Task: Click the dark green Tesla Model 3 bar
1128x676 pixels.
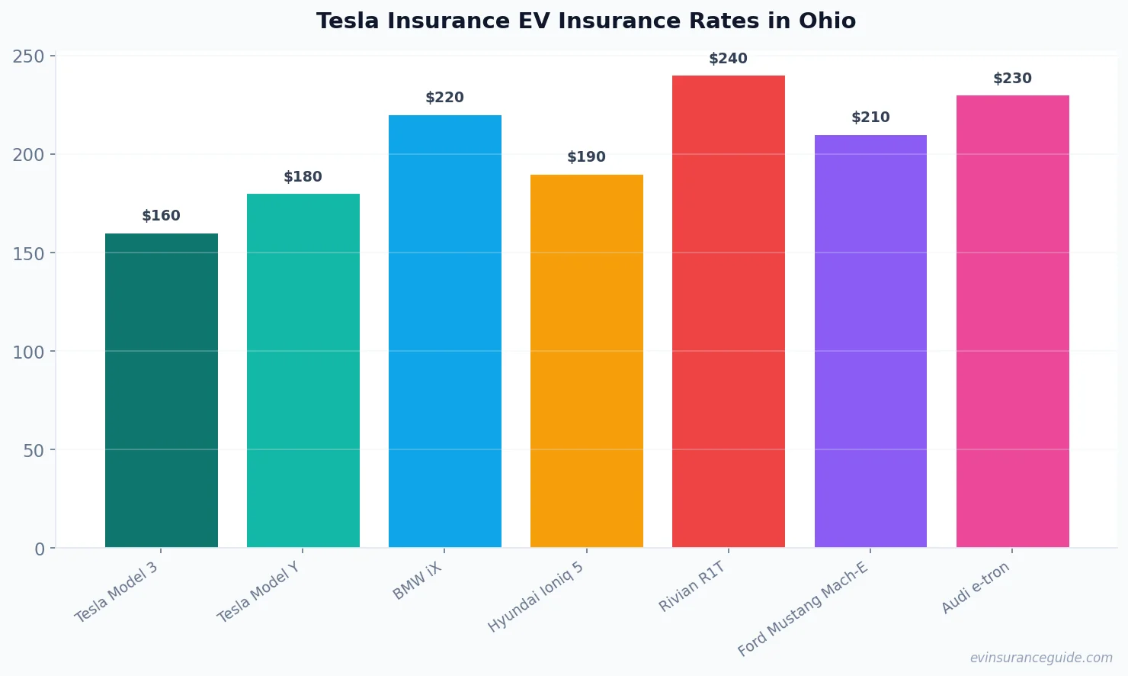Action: (x=161, y=391)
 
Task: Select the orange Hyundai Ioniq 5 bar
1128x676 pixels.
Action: (x=586, y=361)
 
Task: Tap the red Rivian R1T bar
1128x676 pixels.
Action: (x=728, y=311)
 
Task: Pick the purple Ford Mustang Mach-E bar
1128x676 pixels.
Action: (x=870, y=341)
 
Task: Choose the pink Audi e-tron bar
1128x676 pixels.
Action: (x=1012, y=321)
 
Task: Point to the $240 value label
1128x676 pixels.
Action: (x=728, y=59)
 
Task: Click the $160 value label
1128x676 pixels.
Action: (x=161, y=216)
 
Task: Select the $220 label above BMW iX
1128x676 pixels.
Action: (x=444, y=98)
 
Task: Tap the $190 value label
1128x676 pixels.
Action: (x=586, y=157)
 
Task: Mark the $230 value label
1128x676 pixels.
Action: (x=1012, y=79)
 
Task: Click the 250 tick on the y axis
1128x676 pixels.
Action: (x=28, y=56)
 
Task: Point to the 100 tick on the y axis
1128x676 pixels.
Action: (x=28, y=352)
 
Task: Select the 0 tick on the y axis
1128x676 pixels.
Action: (x=40, y=549)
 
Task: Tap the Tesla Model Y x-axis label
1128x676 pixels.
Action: (x=258, y=592)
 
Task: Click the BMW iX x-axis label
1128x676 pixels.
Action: (x=417, y=581)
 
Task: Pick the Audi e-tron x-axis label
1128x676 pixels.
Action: (x=975, y=587)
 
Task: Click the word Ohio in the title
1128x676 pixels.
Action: (x=827, y=21)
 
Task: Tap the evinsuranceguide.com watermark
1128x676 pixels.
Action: (x=1040, y=658)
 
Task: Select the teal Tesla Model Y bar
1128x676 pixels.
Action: (x=303, y=371)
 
